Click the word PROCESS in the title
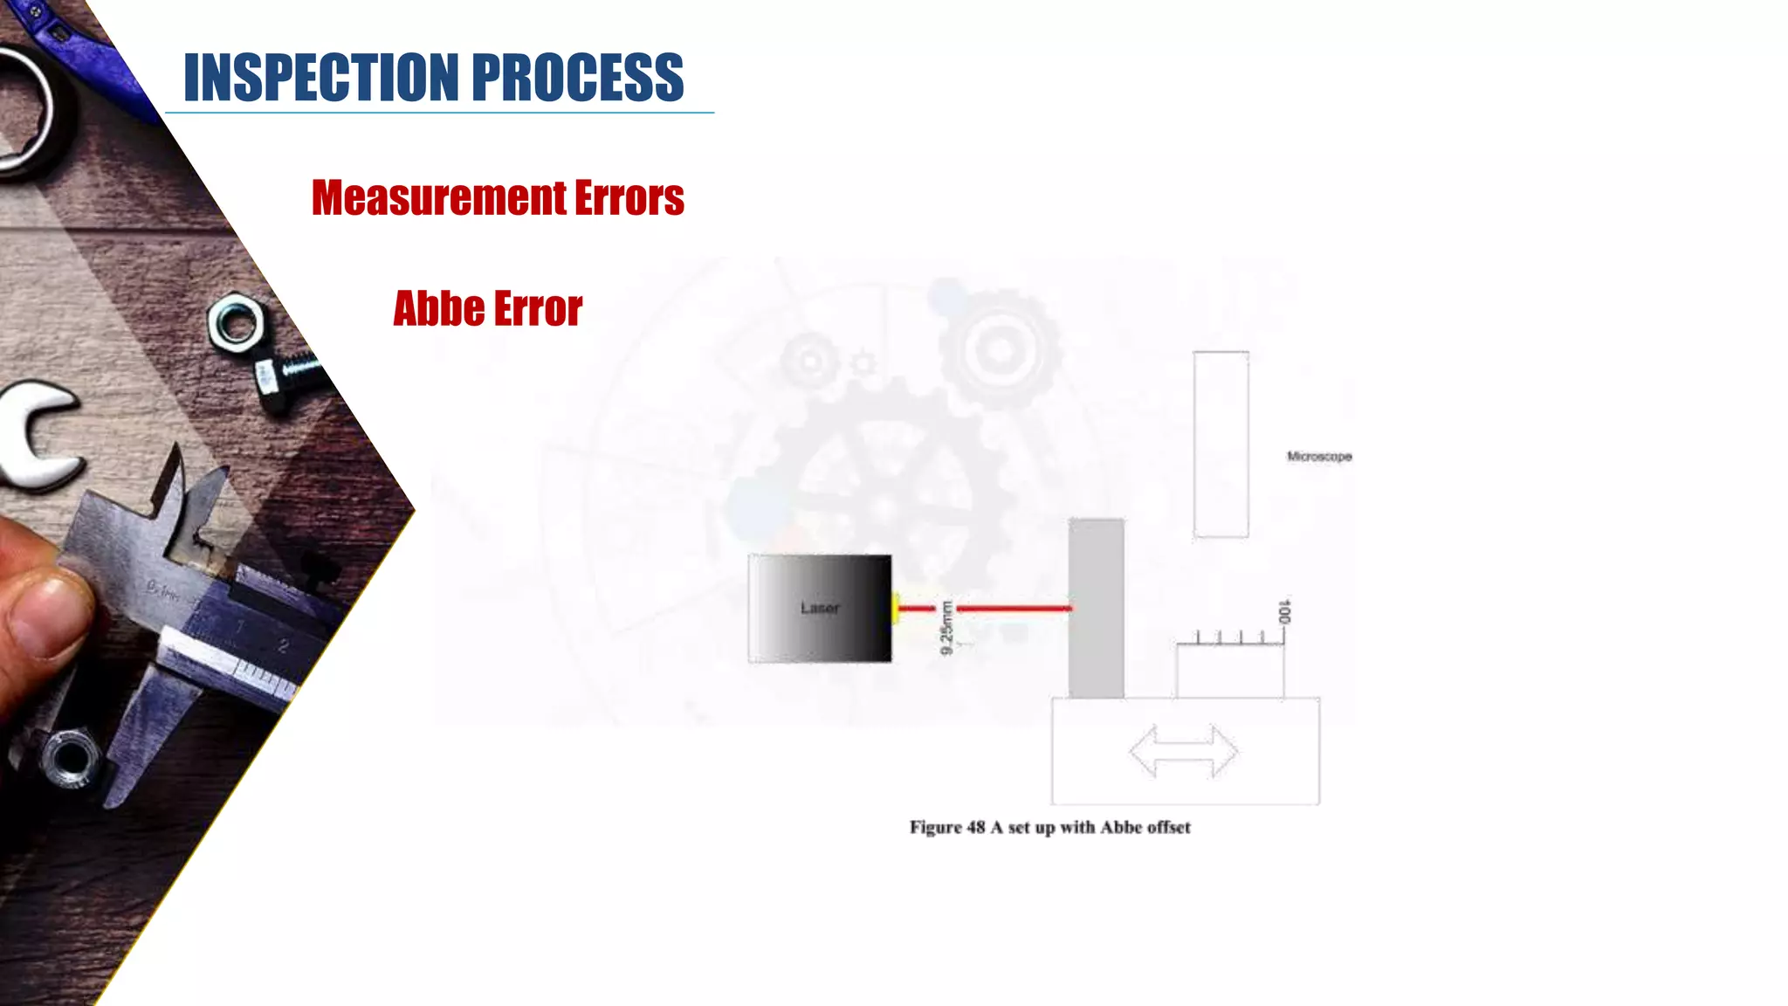pos(577,78)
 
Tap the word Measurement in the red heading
pos(439,197)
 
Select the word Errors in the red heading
pos(629,197)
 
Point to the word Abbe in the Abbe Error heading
pos(438,308)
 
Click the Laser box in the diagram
pos(820,608)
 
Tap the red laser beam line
pos(1013,608)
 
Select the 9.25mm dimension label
pos(946,627)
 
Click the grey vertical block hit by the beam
pos(1096,608)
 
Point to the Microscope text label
pos(1319,456)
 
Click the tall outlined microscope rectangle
pos(1221,444)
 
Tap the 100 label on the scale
pos(1284,611)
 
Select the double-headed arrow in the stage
pos(1183,751)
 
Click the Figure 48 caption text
pos(1049,827)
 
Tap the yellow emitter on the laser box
pos(895,608)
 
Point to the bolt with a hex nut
pos(262,349)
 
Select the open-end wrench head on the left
pos(39,437)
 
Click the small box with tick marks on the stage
pos(1229,669)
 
